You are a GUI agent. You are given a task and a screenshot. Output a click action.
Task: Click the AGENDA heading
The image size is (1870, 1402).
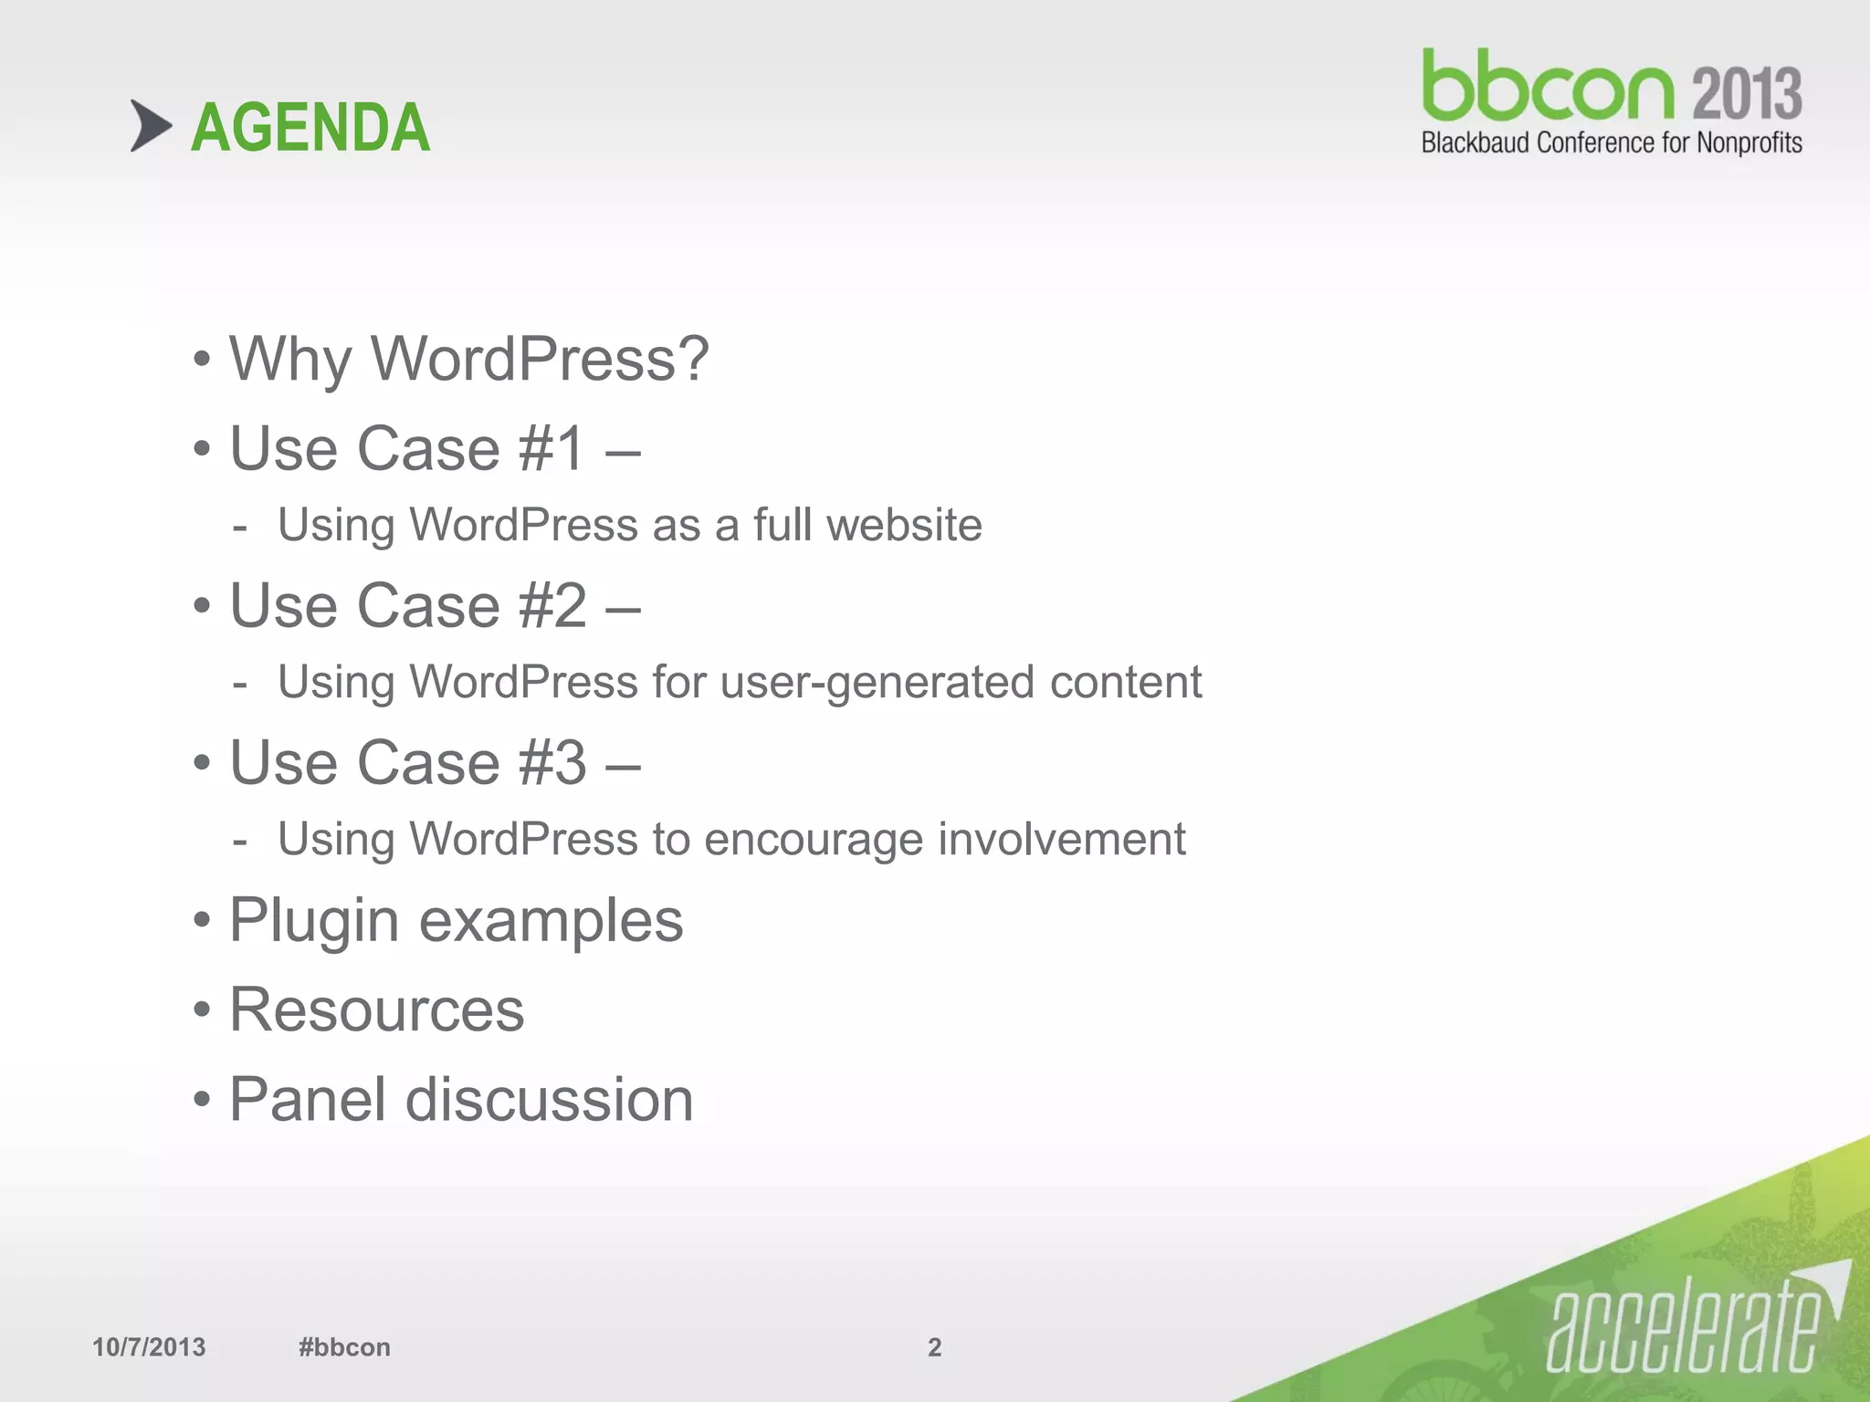[x=310, y=128]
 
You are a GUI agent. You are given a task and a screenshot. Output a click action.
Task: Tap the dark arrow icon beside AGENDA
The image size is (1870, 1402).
[x=151, y=126]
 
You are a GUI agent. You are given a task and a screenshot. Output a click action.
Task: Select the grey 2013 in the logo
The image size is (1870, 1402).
[x=1747, y=94]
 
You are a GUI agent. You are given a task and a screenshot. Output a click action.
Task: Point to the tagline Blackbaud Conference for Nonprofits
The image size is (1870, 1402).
[x=1612, y=143]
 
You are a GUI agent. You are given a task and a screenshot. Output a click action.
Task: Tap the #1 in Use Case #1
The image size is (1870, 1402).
[x=552, y=449]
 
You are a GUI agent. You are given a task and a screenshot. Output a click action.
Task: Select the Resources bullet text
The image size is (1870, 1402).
[x=376, y=1010]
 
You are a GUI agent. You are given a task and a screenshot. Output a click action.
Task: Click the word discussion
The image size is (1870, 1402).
[x=549, y=1100]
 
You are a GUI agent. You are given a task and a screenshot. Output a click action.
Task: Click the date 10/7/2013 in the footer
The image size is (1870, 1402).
[x=149, y=1347]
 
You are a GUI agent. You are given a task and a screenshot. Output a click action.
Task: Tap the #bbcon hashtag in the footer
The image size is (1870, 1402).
[x=344, y=1347]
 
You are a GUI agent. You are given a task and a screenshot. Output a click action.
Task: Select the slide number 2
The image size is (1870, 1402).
[x=934, y=1347]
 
